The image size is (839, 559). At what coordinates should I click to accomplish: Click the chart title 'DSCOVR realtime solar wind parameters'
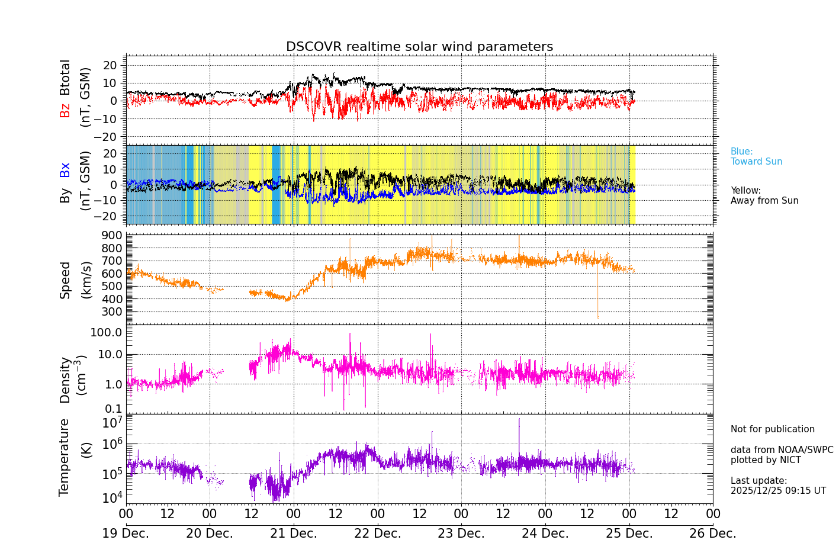(x=419, y=47)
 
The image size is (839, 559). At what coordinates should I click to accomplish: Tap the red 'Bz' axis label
(x=65, y=110)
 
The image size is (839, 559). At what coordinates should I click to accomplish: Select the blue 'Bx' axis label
(x=65, y=169)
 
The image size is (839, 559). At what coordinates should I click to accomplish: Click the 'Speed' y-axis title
(x=65, y=280)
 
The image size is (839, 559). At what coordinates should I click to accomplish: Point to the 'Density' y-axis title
(x=65, y=380)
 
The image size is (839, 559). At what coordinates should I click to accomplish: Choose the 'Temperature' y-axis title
(x=64, y=457)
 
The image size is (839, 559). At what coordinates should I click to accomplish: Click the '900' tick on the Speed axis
(x=111, y=236)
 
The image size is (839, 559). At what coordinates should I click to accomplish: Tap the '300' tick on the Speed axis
(x=111, y=312)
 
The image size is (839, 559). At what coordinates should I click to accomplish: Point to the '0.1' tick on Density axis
(x=114, y=409)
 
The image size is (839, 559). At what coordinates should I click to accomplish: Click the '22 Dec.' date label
(x=378, y=534)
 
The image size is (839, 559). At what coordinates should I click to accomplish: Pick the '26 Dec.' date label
(x=713, y=534)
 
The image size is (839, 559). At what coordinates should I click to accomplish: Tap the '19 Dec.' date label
(x=126, y=534)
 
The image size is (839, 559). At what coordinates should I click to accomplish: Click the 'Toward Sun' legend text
(x=756, y=162)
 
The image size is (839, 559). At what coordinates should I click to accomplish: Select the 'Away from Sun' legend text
(x=764, y=201)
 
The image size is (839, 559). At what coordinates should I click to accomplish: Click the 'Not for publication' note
(x=773, y=429)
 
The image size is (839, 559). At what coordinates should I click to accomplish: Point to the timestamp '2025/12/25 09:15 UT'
(x=778, y=491)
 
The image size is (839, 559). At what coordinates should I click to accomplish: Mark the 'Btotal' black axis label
(x=65, y=77)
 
